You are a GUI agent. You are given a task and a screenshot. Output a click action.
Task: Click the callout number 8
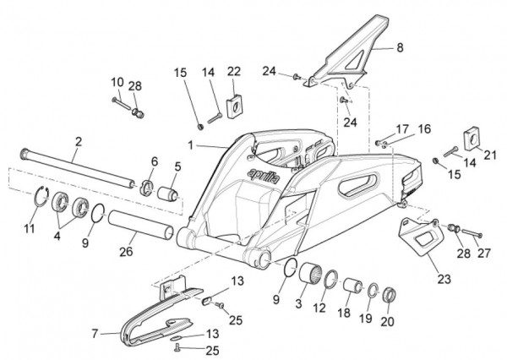400,49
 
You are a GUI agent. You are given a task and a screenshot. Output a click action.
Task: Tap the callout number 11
30,228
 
